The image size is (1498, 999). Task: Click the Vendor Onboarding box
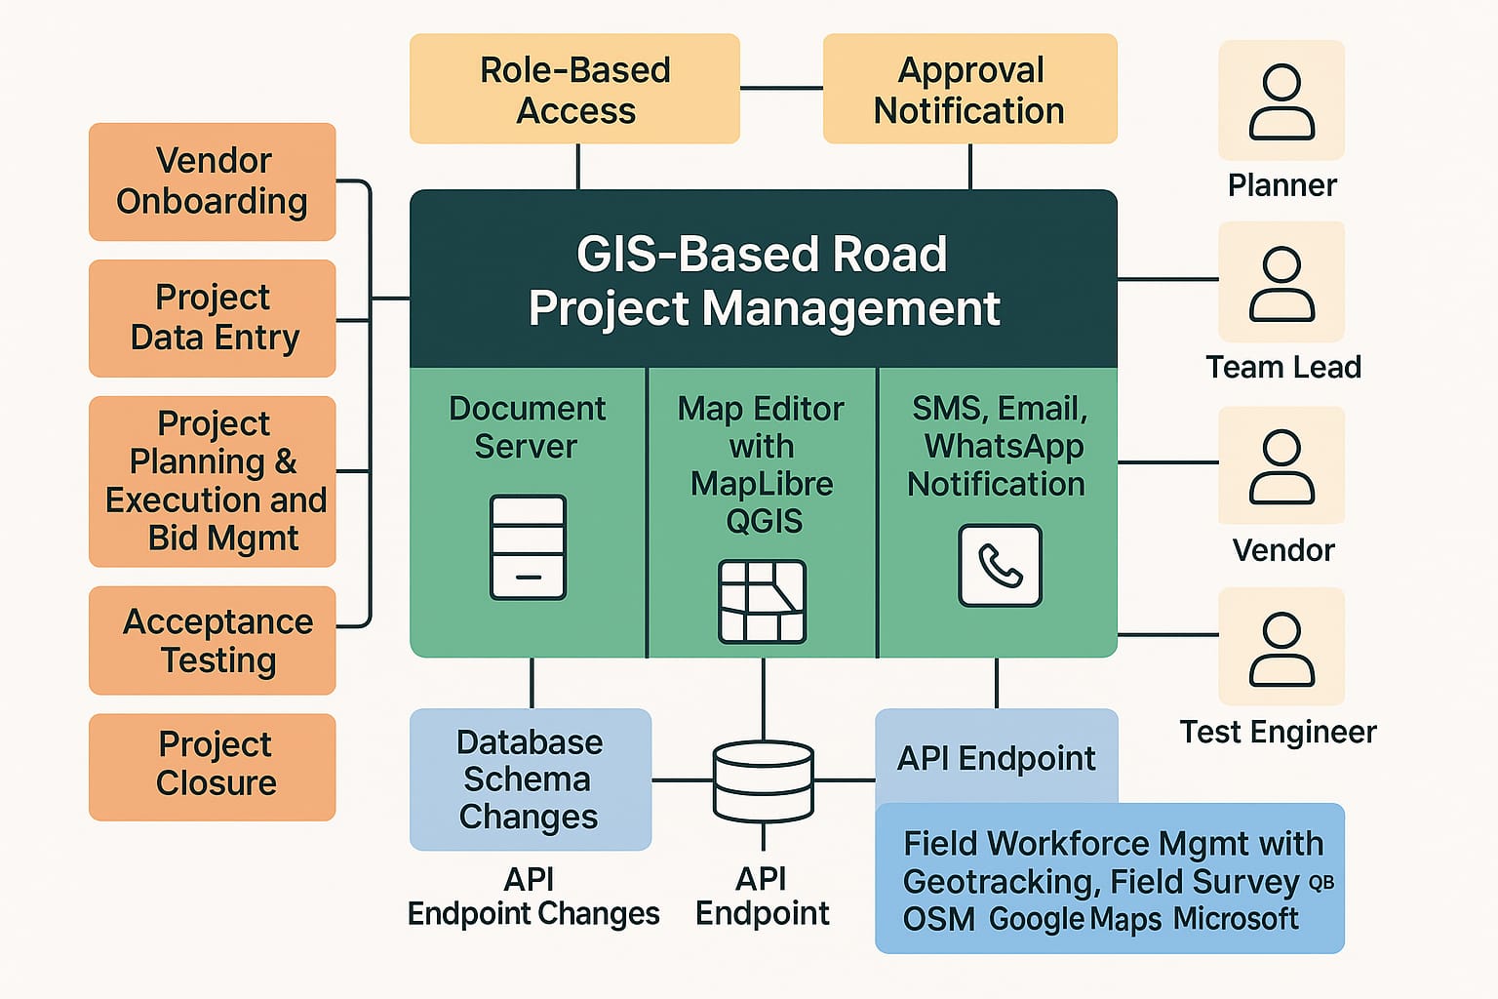[212, 181]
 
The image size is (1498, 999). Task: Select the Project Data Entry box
[212, 318]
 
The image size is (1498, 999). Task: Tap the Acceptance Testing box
[212, 641]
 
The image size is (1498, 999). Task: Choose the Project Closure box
[212, 767]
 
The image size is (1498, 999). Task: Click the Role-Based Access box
[574, 90]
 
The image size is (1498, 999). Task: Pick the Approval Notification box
[969, 90]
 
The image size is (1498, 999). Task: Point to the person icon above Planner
[1281, 101]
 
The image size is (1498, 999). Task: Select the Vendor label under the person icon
[1282, 550]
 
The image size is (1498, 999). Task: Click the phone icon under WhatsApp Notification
[1000, 566]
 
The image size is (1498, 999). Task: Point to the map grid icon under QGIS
[762, 601]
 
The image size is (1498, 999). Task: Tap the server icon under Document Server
[528, 547]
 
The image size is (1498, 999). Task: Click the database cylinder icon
[763, 780]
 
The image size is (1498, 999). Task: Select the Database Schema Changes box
[530, 779]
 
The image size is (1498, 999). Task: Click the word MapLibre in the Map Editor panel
[762, 484]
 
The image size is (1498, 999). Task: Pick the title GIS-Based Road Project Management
[763, 281]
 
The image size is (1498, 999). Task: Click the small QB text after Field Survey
[1321, 883]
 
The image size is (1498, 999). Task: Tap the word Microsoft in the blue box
[1236, 919]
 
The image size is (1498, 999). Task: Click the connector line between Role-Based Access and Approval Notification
[781, 89]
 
